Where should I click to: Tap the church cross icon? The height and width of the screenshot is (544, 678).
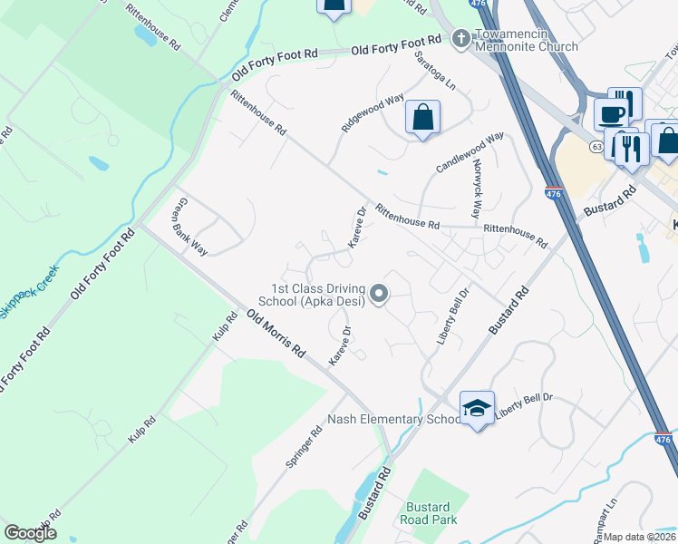460,39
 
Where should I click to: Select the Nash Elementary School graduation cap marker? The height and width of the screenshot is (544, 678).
477,409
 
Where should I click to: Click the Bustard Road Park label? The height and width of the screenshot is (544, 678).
429,512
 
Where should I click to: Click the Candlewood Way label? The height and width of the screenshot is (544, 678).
469,153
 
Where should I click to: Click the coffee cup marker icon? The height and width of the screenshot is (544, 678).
610,114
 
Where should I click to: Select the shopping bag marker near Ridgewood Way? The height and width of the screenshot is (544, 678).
422,117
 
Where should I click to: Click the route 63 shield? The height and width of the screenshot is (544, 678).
596,145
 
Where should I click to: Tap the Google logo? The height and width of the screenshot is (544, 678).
30,533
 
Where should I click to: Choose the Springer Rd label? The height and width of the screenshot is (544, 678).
304,446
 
